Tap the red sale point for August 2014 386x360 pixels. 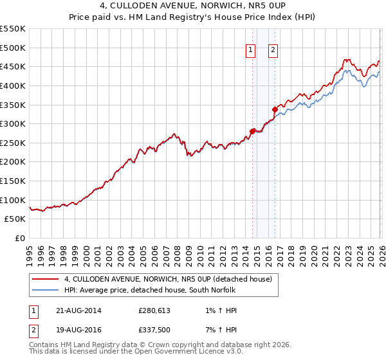[x=252, y=131]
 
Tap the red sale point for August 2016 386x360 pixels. [x=275, y=109]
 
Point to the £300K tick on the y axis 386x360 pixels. [x=14, y=123]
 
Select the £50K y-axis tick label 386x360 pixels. [x=16, y=219]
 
